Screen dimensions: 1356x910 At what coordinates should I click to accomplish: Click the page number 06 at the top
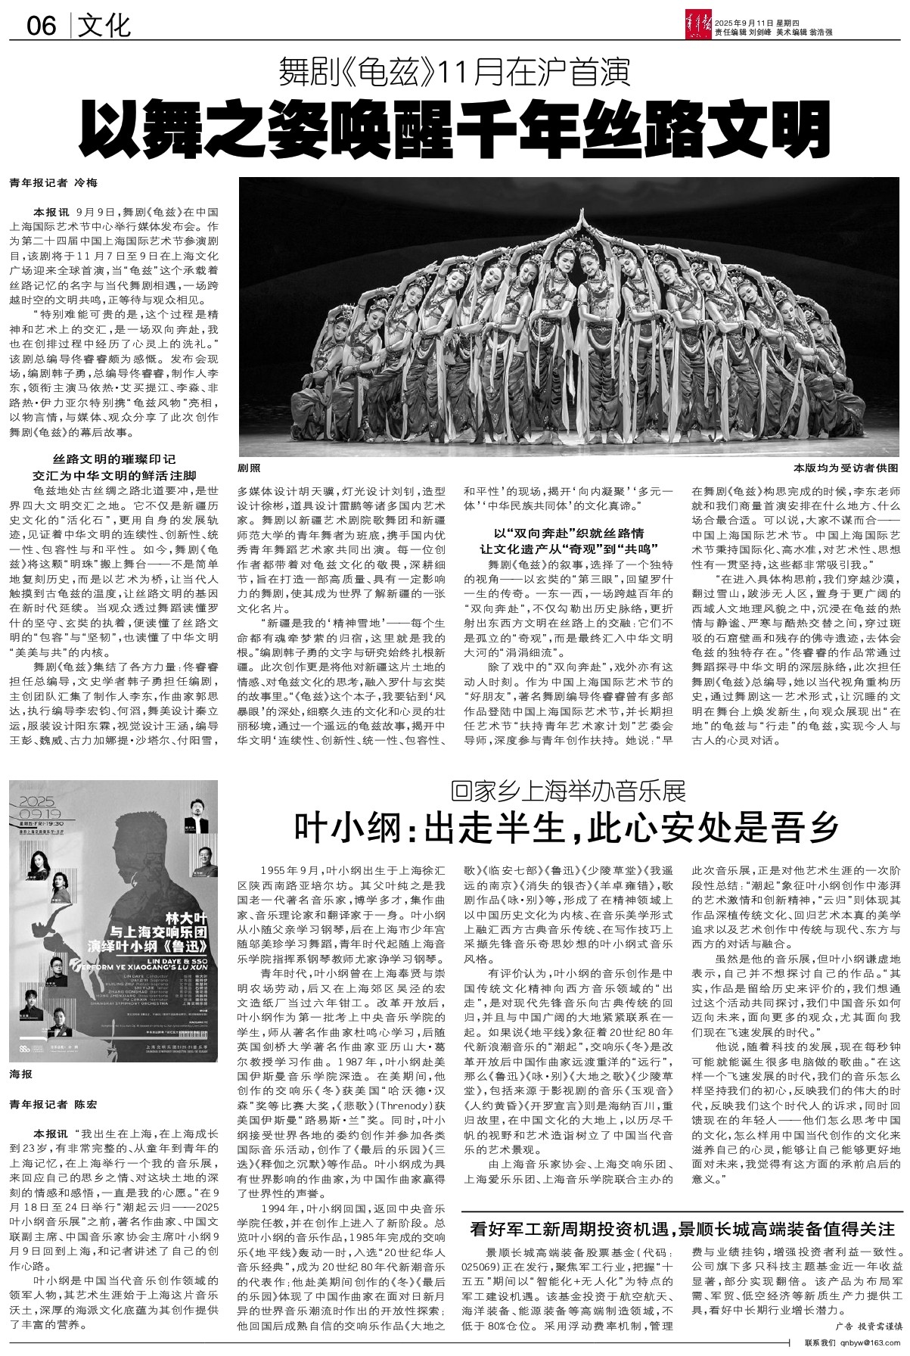[42, 26]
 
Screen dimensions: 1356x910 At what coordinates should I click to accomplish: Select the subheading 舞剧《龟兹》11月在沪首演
[455, 73]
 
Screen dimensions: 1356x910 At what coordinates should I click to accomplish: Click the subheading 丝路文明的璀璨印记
[114, 459]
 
